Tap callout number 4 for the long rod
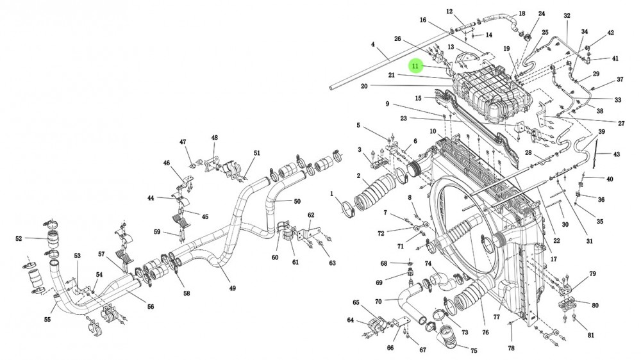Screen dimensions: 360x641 coord(372,44)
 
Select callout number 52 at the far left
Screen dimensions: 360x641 coord(19,239)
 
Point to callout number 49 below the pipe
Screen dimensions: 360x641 coord(232,288)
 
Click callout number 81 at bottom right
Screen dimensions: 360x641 coord(591,336)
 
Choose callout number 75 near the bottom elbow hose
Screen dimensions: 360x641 coord(474,350)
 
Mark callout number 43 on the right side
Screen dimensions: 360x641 coord(617,154)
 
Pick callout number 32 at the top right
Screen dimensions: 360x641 coord(567,15)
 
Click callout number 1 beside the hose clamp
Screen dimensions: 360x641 coord(332,193)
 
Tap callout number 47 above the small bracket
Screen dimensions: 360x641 coord(183,142)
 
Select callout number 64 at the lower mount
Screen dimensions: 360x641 coord(351,320)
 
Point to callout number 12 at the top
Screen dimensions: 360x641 coord(449,12)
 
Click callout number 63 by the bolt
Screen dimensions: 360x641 coord(333,263)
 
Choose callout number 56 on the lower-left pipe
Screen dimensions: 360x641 coord(151,306)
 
